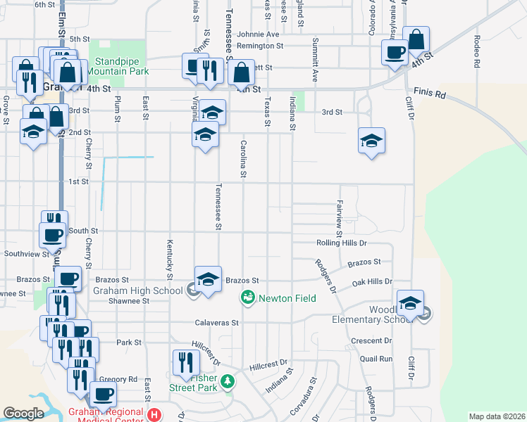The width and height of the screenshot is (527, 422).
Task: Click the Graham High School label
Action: (x=138, y=289)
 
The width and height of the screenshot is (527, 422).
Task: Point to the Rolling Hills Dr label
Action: (x=341, y=243)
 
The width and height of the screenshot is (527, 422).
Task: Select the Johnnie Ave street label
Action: (x=258, y=34)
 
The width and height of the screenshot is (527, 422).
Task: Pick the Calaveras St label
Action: (x=217, y=323)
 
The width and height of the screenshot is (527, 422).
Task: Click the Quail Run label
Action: (x=376, y=358)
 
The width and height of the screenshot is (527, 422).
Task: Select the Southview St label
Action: (x=25, y=253)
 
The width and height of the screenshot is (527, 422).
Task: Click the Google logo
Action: (x=23, y=414)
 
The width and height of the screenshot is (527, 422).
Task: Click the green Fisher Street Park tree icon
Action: (x=227, y=382)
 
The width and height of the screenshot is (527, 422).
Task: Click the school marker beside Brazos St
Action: (x=208, y=279)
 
